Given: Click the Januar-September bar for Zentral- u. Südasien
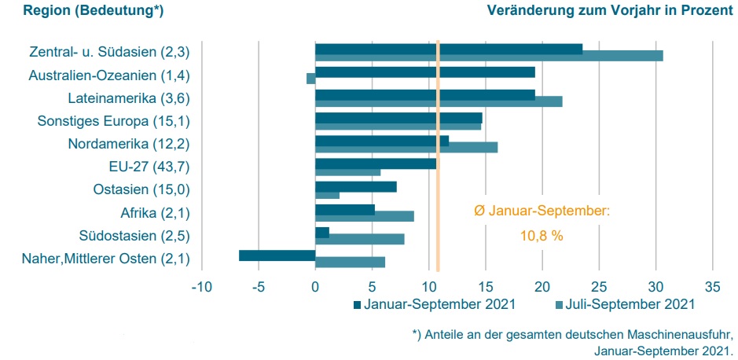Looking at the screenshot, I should [448, 49].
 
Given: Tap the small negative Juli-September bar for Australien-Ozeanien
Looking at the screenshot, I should [310, 79].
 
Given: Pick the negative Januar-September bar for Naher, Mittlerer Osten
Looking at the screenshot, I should [277, 255].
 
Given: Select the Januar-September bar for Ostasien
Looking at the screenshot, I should [355, 186].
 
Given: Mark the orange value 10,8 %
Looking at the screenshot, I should [542, 235].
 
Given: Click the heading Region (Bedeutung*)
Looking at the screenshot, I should [93, 11].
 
